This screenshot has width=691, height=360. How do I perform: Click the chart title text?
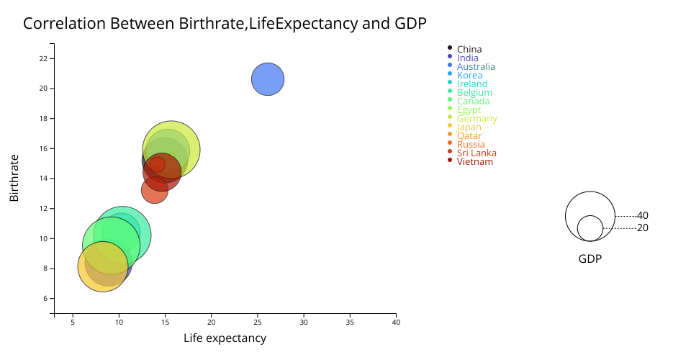point(225,23)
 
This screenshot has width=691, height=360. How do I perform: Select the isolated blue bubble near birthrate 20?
point(268,79)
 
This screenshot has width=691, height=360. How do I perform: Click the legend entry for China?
point(469,50)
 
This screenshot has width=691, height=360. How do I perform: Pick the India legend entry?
point(467,58)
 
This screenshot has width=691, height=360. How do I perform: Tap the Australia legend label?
point(476,67)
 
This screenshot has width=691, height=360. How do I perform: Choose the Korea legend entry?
point(469,76)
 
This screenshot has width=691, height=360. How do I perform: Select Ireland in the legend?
point(472,84)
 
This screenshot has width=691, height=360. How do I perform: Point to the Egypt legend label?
point(469,110)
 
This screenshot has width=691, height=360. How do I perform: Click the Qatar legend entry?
point(469,136)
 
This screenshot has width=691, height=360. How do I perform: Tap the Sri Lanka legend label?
point(477,153)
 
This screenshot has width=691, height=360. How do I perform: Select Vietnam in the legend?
point(475,162)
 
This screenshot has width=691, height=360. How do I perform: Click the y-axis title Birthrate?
point(14,177)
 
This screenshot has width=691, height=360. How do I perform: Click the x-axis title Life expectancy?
point(225,338)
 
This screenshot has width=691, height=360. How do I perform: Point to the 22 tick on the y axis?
point(44,58)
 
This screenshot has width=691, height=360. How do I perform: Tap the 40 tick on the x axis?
point(396,323)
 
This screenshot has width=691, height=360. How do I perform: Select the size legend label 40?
point(643,215)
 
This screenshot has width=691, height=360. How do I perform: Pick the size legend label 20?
point(643,228)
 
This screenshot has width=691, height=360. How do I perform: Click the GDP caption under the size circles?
point(590,258)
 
